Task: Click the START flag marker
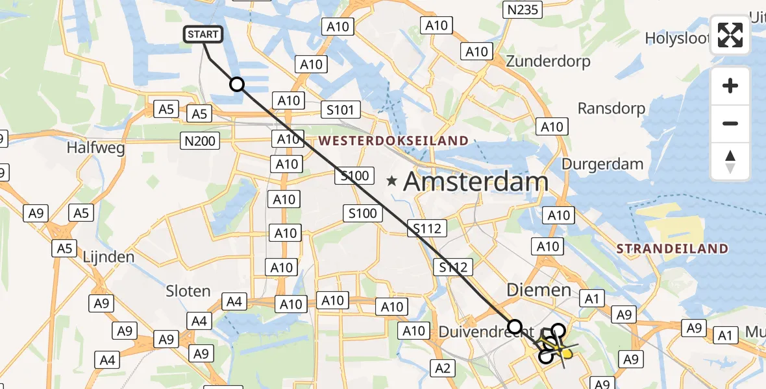(x=204, y=34)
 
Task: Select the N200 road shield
(x=200, y=140)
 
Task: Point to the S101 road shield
(x=340, y=110)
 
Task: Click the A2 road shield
(x=443, y=368)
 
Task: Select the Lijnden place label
(x=108, y=257)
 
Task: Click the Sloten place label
(x=188, y=291)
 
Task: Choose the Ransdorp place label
(x=612, y=108)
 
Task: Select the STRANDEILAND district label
(x=672, y=248)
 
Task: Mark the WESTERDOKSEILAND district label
(x=393, y=141)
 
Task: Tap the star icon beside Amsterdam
(x=391, y=182)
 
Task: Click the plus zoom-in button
(x=730, y=86)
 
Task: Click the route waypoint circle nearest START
(x=237, y=84)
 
